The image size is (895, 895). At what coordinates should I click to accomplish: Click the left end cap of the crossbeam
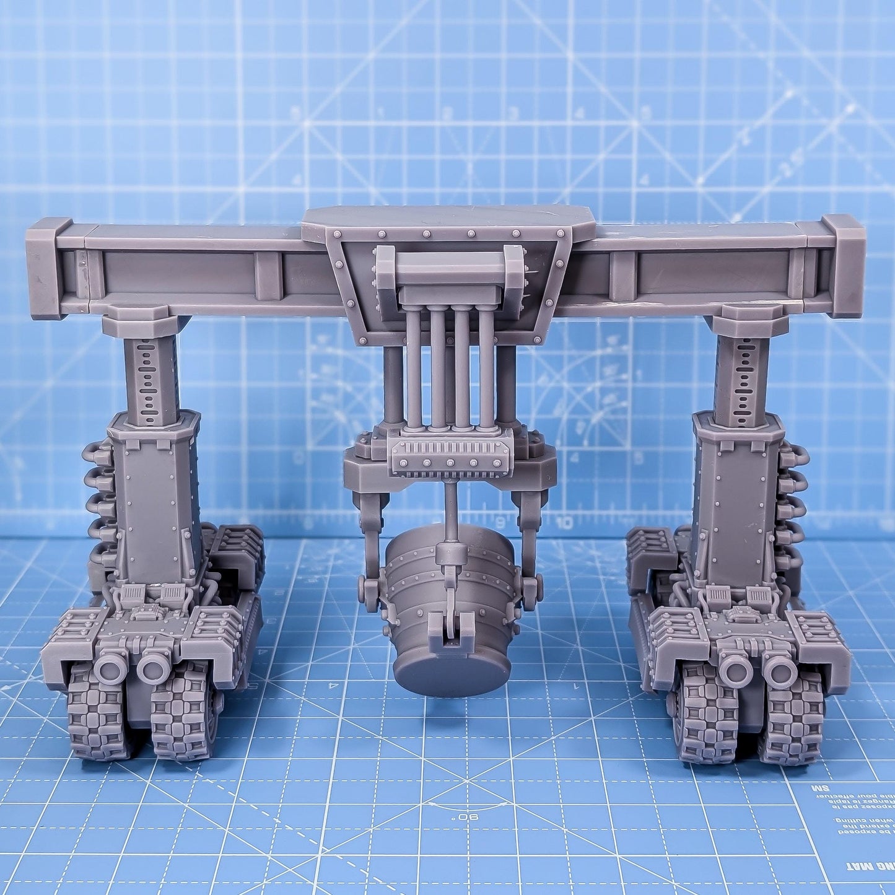[46, 268]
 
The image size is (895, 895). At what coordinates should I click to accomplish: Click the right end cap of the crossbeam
[845, 265]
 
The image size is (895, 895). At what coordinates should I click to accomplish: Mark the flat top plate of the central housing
[449, 217]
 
